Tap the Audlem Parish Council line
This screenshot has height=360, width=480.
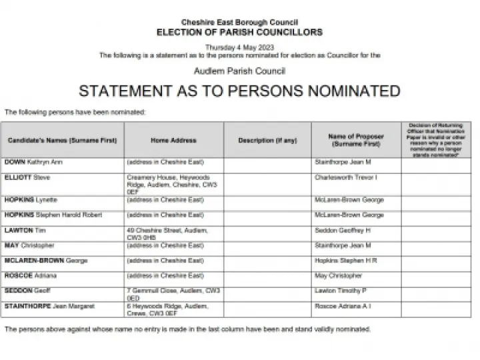239,71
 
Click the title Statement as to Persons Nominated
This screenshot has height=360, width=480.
239,91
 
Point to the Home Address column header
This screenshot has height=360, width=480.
173,141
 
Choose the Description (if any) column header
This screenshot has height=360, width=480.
268,141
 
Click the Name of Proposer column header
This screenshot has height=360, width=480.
356,141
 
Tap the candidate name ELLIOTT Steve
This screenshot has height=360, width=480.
27,178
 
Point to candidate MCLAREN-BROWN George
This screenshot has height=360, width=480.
46,261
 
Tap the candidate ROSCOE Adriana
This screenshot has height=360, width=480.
31,275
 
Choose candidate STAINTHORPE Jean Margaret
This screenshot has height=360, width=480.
49,306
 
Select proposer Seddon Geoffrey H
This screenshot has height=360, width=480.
342,230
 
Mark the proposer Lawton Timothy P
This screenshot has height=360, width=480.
341,291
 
